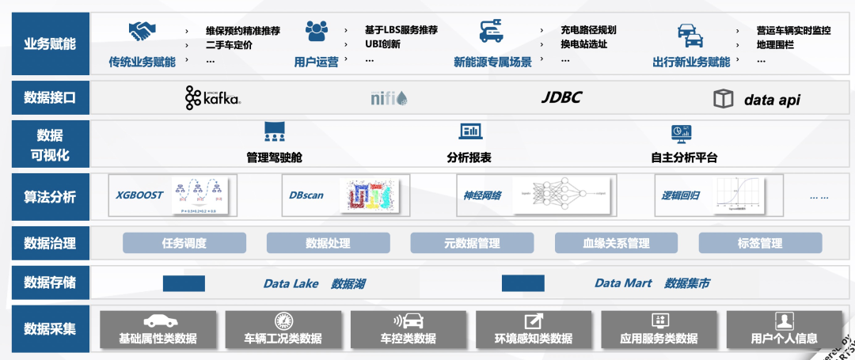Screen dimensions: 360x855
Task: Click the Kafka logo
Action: coord(212,98)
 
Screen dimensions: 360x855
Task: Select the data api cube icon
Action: coord(723,99)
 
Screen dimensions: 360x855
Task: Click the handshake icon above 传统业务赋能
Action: coord(142,32)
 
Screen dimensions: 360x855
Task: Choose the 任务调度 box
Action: coord(184,243)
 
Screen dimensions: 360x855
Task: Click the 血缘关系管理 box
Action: coord(616,243)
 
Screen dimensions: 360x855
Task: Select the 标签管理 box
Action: coord(760,243)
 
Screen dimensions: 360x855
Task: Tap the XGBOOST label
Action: coord(139,195)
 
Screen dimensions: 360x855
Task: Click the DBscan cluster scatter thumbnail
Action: coord(366,195)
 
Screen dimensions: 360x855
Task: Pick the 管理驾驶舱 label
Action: coord(275,157)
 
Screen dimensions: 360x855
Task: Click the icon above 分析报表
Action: coord(470,132)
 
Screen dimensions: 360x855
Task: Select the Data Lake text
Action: coord(290,283)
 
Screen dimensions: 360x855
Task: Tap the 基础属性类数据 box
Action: coord(158,329)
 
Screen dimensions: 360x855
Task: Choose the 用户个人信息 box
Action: coord(784,329)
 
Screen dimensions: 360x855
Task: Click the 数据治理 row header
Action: coord(50,243)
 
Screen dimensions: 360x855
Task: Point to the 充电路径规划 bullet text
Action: coord(588,30)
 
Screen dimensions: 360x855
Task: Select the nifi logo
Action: coord(389,99)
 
